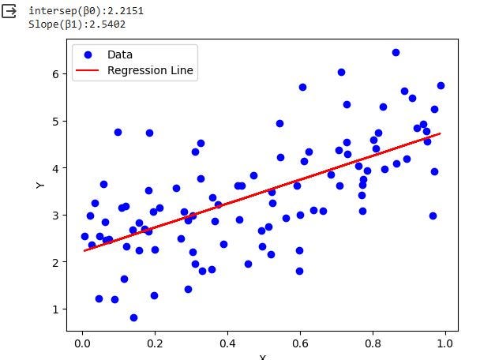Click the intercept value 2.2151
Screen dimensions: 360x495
(x=124, y=11)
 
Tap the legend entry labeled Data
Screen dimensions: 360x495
(x=120, y=54)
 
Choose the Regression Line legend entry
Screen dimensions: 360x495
(x=150, y=71)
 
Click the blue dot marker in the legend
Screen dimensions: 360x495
(x=88, y=54)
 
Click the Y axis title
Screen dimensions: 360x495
(x=40, y=185)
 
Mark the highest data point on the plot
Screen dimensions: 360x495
(x=396, y=52)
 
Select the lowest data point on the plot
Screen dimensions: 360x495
(x=133, y=317)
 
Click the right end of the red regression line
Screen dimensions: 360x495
(x=440, y=133)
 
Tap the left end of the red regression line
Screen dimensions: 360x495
(x=84, y=250)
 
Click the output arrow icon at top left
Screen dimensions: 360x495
(x=10, y=11)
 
